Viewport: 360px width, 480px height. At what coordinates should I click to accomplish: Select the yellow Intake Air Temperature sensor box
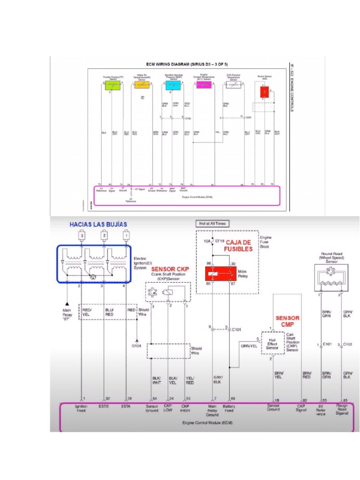point(142,85)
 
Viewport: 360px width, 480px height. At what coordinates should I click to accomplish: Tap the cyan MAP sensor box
point(172,85)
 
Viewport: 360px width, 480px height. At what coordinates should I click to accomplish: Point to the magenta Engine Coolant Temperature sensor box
point(203,85)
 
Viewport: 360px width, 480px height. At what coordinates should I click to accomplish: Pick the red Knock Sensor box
point(264,92)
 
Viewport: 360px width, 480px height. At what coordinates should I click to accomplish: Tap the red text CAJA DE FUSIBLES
point(240,245)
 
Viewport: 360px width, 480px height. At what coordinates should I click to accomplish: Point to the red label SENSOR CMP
point(287,321)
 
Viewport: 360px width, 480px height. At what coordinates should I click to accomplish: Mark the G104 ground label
point(136,345)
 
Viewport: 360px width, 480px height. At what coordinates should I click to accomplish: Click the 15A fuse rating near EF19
point(207,241)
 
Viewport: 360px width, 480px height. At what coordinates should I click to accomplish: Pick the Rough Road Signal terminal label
point(342,409)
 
